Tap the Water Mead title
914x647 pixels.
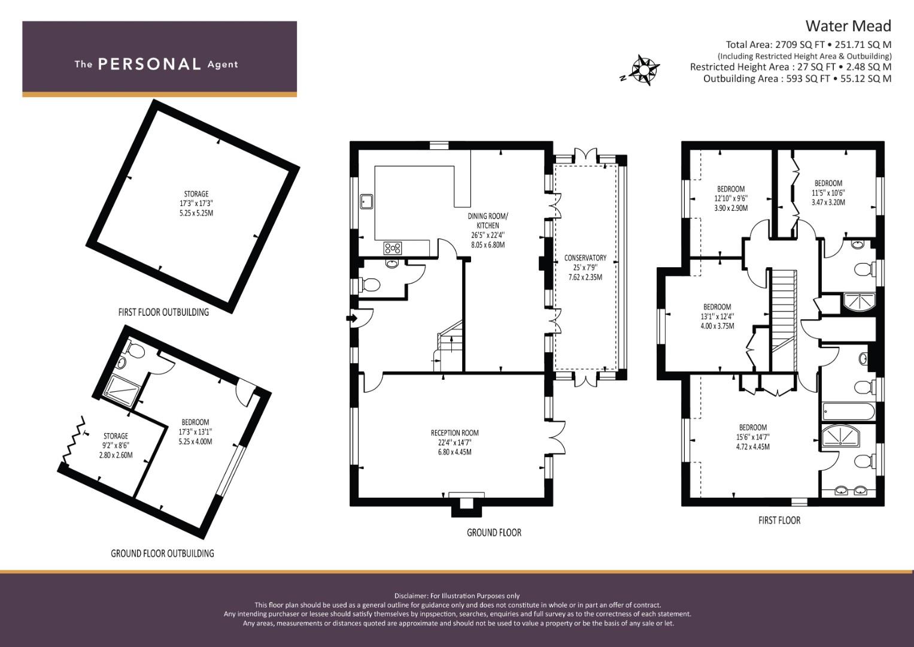848,26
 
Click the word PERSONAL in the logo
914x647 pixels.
150,64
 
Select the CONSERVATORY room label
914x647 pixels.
585,258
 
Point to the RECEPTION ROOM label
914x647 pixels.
455,433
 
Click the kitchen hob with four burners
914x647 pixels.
393,247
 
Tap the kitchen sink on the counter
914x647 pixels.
366,201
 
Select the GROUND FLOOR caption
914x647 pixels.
494,532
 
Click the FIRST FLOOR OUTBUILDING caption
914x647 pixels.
163,312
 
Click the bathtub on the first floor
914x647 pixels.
848,412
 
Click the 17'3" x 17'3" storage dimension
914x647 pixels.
196,203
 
